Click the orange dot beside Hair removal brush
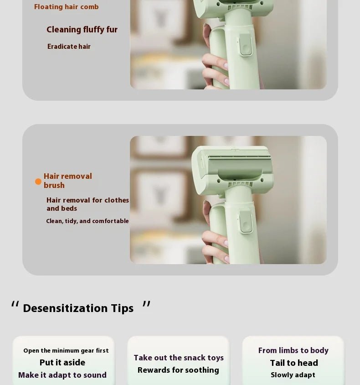point(38,182)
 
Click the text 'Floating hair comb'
point(66,7)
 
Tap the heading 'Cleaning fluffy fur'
point(82,30)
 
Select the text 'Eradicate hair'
point(69,47)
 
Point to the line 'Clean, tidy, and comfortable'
point(87,221)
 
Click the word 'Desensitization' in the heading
point(65,308)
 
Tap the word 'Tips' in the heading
point(122,308)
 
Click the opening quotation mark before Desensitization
point(15,304)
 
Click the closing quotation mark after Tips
point(146,304)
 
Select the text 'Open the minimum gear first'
point(66,351)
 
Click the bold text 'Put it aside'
point(62,363)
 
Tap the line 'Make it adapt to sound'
point(62,375)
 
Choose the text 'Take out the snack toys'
point(179,358)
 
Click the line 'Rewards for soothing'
point(178,370)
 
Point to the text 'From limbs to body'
point(293,350)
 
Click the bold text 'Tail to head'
point(294,363)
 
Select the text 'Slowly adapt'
point(293,375)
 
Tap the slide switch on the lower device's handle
point(246,224)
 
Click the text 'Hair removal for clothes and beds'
point(87,204)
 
